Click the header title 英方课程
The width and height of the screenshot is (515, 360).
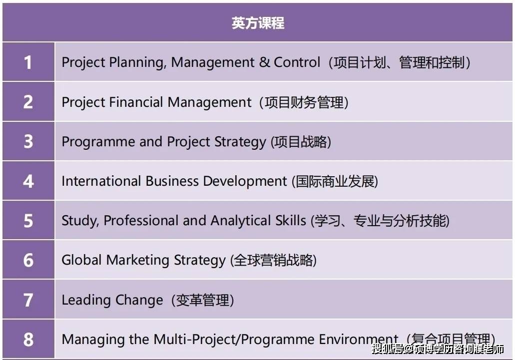point(258,23)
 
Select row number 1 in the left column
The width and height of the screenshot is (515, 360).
point(28,62)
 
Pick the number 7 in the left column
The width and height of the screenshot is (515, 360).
point(28,300)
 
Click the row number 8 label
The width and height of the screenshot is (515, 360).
point(28,340)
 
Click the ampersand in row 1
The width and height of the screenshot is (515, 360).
point(264,62)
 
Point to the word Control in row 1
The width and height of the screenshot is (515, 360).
point(297,62)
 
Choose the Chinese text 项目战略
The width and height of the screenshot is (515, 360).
point(301,142)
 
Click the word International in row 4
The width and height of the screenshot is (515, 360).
point(101,181)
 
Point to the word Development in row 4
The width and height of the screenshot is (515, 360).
point(245,181)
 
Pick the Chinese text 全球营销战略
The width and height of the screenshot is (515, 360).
point(273,260)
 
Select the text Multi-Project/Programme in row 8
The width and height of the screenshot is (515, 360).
point(234,340)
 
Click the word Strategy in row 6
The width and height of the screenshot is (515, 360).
point(200,260)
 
